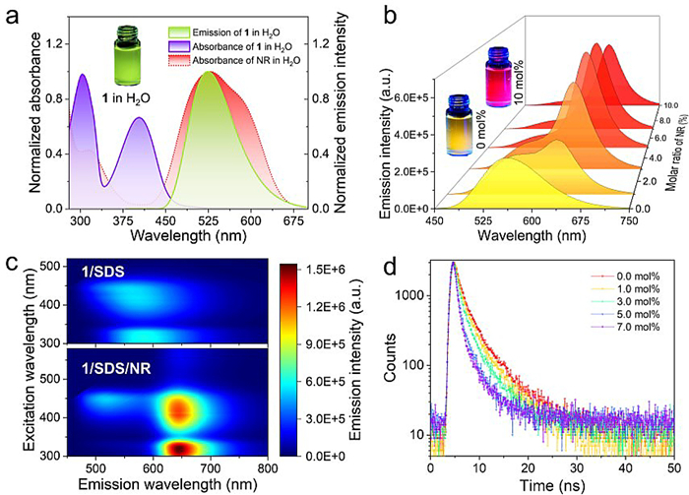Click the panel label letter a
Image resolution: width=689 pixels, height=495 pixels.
(13, 14)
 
